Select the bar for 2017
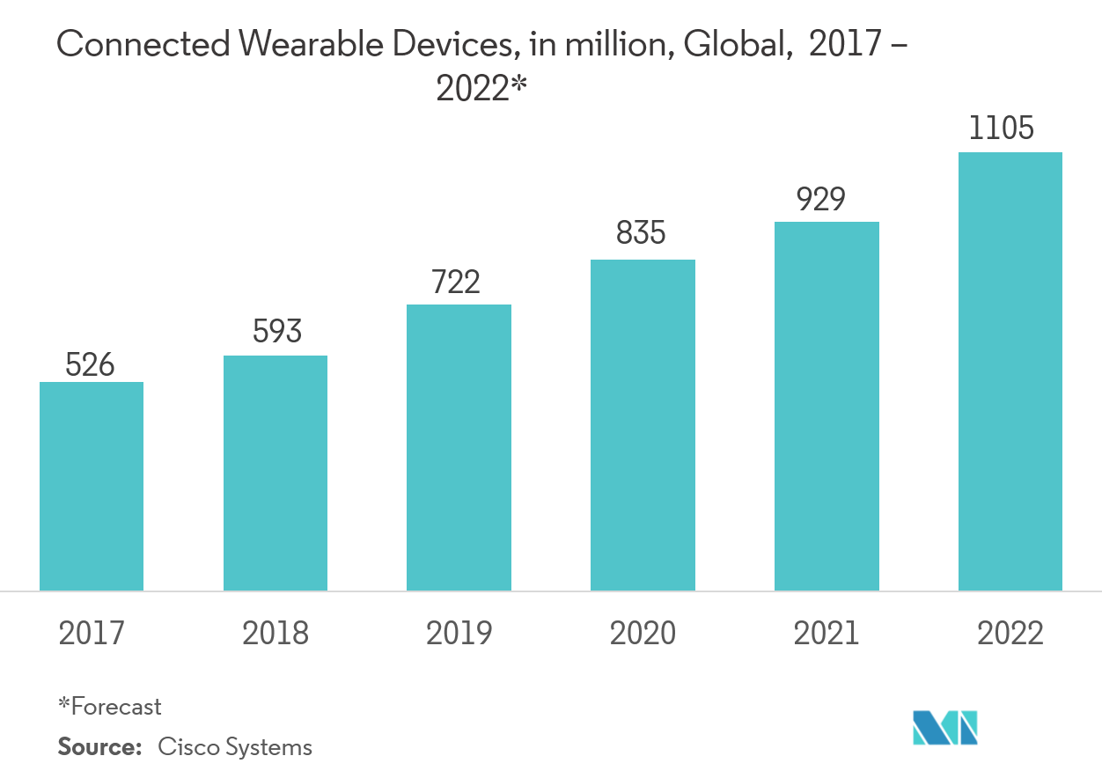point(92,486)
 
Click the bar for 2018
point(275,473)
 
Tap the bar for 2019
point(459,447)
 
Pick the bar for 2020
point(643,425)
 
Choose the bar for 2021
point(826,406)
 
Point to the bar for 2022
point(1010,371)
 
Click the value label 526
point(91,364)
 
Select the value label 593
point(276,332)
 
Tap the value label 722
point(456,283)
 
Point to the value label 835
point(641,234)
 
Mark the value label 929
point(820,199)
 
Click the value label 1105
point(1001,129)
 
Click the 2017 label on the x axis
point(92,633)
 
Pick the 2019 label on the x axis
point(459,633)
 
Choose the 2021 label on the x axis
point(826,633)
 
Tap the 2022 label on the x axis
point(1010,633)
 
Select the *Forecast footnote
point(110,706)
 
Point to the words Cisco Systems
point(235,747)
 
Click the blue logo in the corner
point(945,728)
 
